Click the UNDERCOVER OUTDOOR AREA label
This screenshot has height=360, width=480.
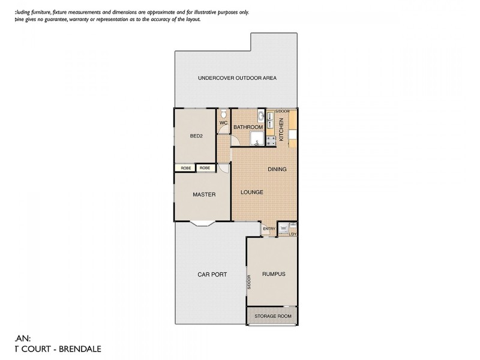pyautogui.click(x=238, y=79)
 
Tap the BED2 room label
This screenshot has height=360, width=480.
pyautogui.click(x=196, y=136)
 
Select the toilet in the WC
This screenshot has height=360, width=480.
pyautogui.click(x=223, y=113)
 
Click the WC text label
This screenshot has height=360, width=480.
pyautogui.click(x=223, y=123)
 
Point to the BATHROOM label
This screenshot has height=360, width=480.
pyautogui.click(x=248, y=127)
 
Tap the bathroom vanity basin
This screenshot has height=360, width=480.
pyautogui.click(x=261, y=116)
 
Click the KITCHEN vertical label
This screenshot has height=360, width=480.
pyautogui.click(x=281, y=129)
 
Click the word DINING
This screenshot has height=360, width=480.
pyautogui.click(x=277, y=169)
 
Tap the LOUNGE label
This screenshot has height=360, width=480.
pyautogui.click(x=252, y=192)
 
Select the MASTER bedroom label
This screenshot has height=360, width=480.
pyautogui.click(x=203, y=194)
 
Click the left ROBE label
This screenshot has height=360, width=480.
pyautogui.click(x=185, y=168)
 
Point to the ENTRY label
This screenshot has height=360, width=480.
pyautogui.click(x=269, y=229)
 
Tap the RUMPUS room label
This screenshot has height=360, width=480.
pyautogui.click(x=273, y=274)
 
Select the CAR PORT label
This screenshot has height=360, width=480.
pyautogui.click(x=212, y=274)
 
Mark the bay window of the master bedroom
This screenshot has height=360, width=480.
pyautogui.click(x=201, y=224)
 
